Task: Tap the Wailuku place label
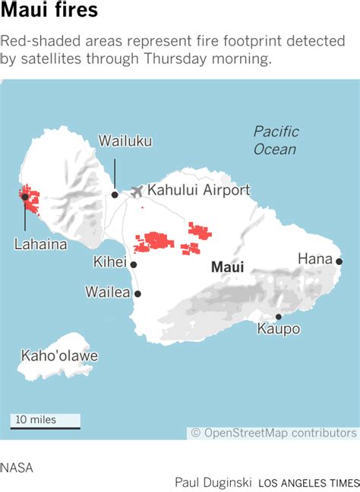click(125, 140)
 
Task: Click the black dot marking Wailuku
click(115, 194)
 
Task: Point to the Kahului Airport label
click(198, 191)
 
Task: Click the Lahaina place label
click(40, 244)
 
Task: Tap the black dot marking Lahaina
click(25, 197)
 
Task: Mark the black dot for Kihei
click(134, 265)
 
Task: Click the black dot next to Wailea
click(137, 292)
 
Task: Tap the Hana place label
click(314, 260)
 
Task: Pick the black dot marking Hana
click(339, 262)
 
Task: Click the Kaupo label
click(278, 330)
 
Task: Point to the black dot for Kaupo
click(278, 317)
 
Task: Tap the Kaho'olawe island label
click(59, 356)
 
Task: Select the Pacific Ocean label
click(276, 140)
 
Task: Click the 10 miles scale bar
click(45, 421)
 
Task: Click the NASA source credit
click(17, 467)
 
